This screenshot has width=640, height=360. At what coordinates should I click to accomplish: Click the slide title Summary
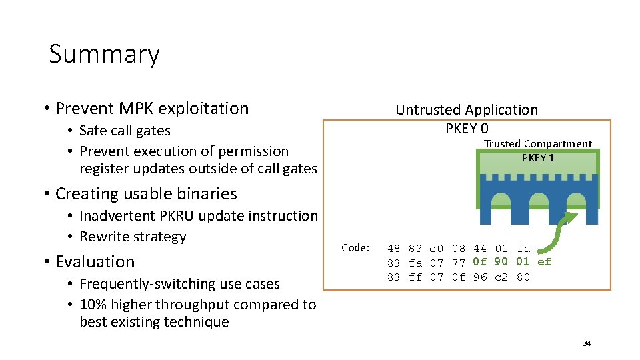pyautogui.click(x=104, y=54)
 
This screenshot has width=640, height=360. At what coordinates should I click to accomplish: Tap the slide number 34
pyautogui.click(x=587, y=343)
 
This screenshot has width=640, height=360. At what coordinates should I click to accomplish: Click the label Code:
pyautogui.click(x=355, y=248)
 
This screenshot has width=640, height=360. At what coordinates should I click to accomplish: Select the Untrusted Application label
pyautogui.click(x=467, y=110)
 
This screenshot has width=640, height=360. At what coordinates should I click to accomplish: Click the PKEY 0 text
pyautogui.click(x=467, y=128)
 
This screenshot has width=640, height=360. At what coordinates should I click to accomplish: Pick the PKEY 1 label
pyautogui.click(x=537, y=158)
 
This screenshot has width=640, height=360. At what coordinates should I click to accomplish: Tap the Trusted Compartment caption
pyautogui.click(x=537, y=144)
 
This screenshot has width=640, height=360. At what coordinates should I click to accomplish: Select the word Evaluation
pyautogui.click(x=95, y=262)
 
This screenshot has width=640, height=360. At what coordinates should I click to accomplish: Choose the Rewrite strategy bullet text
pyautogui.click(x=133, y=237)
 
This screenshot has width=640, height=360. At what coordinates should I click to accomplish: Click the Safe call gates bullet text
pyautogui.click(x=125, y=131)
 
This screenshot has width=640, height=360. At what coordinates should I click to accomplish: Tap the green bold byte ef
pyautogui.click(x=544, y=262)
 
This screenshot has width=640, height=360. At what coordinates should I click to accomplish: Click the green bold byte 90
pyautogui.click(x=501, y=262)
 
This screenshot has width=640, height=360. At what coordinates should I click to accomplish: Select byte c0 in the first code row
pyautogui.click(x=437, y=249)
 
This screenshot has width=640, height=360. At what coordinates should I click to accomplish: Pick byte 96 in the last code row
pyautogui.click(x=480, y=277)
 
